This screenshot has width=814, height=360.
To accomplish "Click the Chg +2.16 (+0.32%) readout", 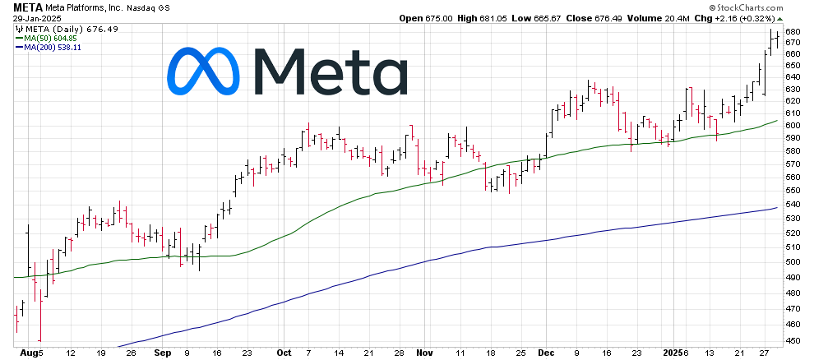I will tap(733, 17).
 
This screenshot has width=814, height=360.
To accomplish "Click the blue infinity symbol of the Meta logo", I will tap(203, 71).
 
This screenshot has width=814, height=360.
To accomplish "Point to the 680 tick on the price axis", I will tap(793, 32).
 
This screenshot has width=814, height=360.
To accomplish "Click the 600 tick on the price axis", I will tap(793, 125).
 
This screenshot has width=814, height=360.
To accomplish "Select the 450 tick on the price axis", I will tap(793, 340).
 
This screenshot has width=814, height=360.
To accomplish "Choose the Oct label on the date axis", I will tap(284, 353).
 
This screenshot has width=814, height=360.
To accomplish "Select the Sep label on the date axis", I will tap(162, 353).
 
